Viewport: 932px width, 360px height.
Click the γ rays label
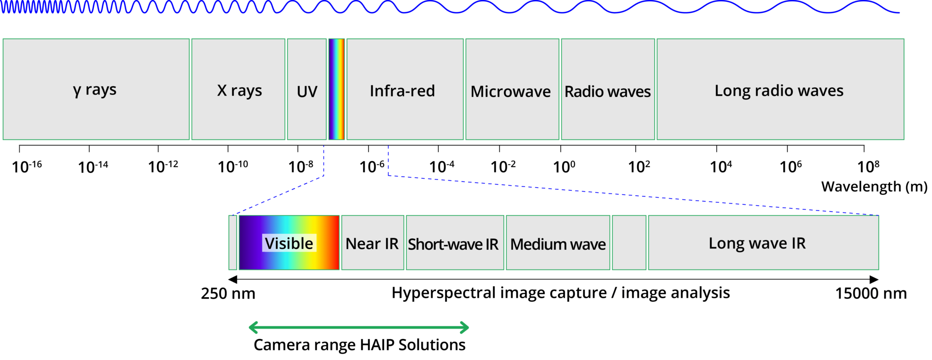click(95, 90)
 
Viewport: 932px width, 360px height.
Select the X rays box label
click(239, 91)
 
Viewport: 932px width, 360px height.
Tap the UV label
click(307, 91)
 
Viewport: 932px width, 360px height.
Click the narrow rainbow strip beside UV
click(337, 89)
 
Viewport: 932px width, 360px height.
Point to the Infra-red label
click(402, 91)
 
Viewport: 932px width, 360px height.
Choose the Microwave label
click(511, 91)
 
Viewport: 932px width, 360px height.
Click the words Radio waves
click(608, 91)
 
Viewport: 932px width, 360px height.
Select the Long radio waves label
click(779, 90)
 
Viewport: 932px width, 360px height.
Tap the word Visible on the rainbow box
click(289, 243)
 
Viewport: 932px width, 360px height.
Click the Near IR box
click(372, 243)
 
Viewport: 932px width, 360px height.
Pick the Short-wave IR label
click(453, 244)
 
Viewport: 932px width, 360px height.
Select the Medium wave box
click(558, 244)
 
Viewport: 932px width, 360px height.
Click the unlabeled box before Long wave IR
click(629, 243)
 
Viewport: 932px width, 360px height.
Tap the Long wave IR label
click(757, 243)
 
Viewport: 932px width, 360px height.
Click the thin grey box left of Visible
click(233, 243)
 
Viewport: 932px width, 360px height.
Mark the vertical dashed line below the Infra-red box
click(388, 160)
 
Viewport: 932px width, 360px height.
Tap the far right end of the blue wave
click(898, 12)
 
